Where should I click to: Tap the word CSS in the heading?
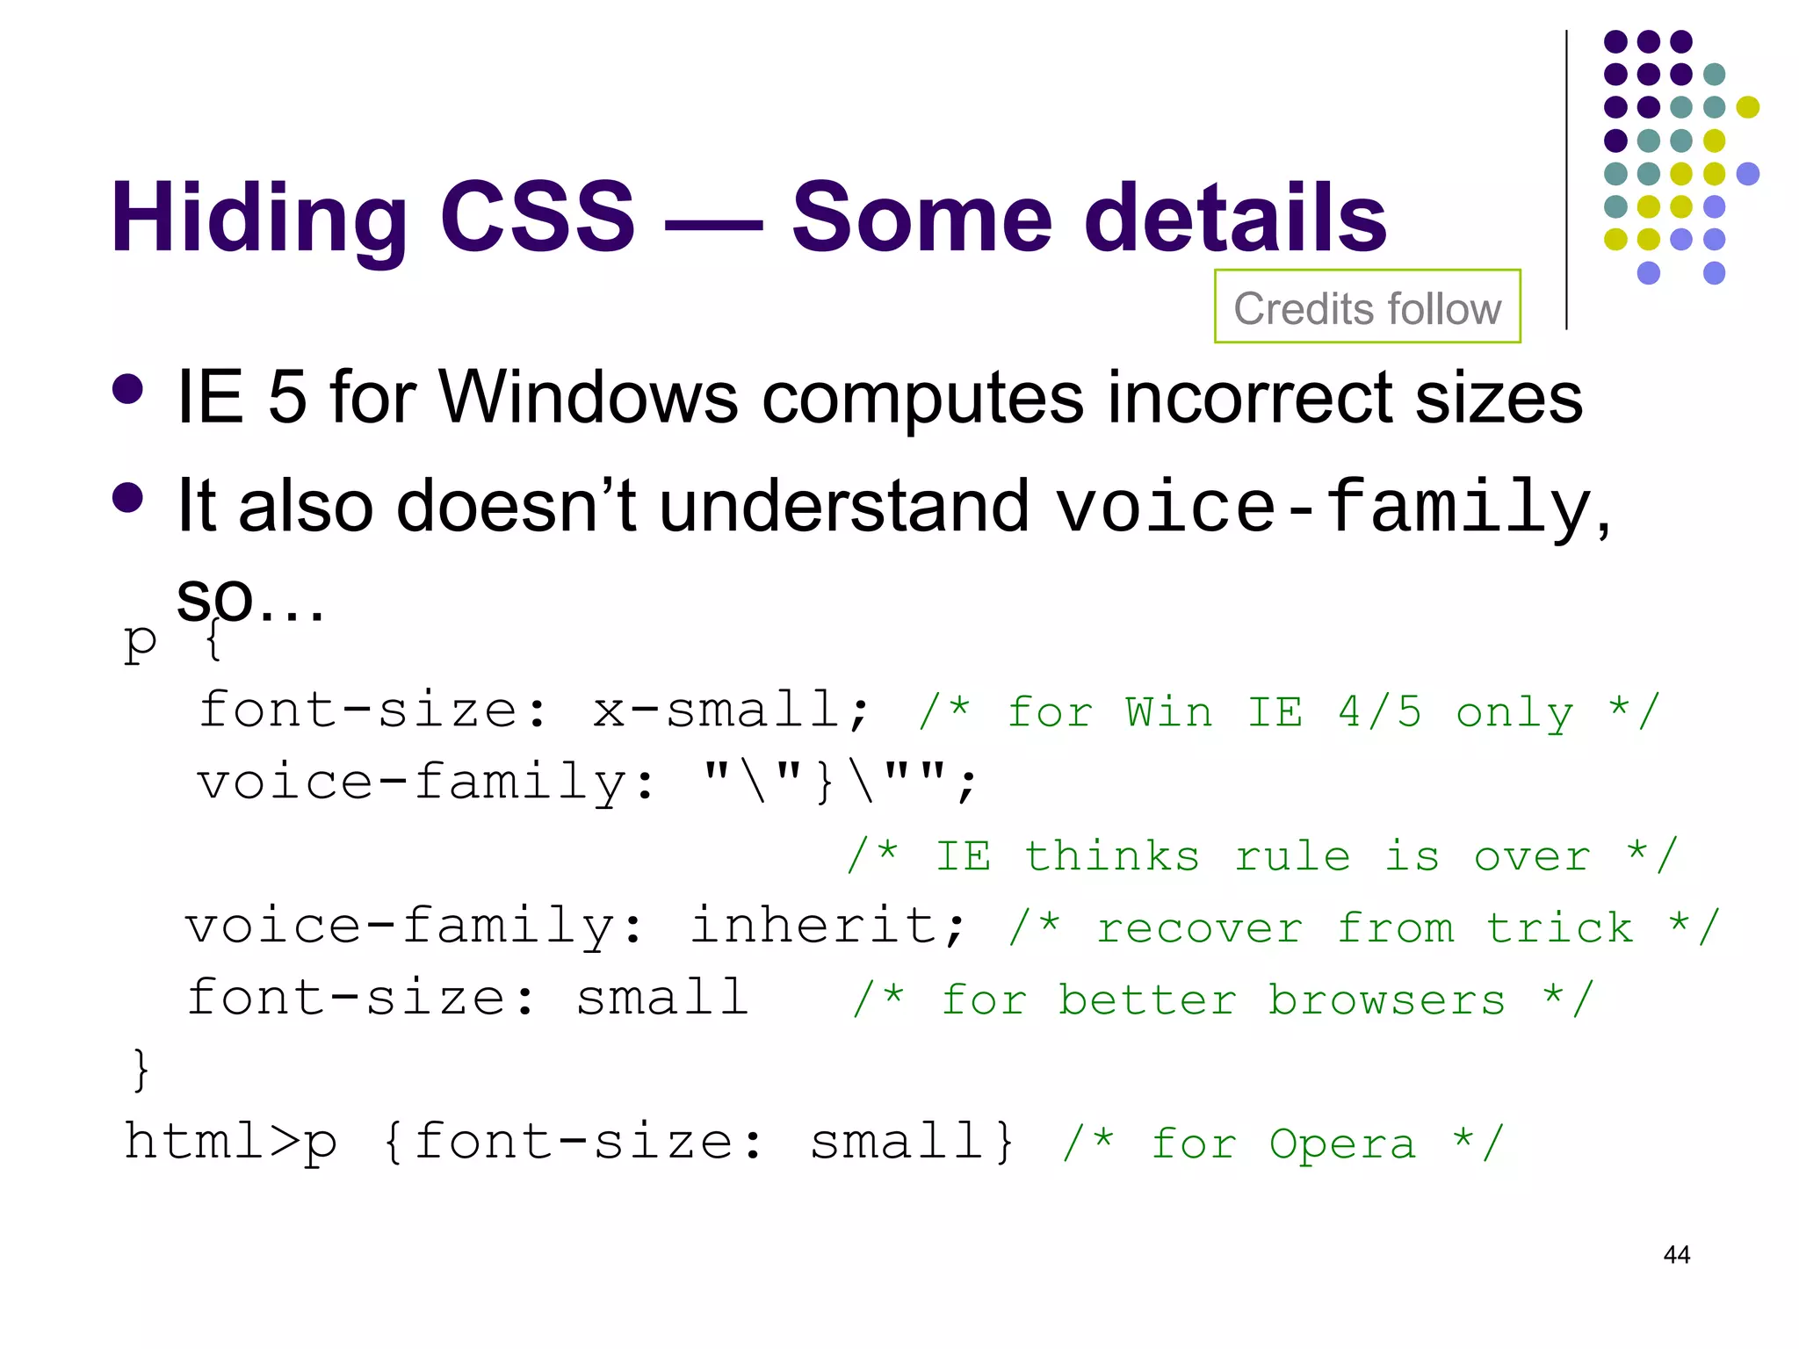click(x=537, y=216)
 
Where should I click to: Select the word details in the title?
click(x=1235, y=216)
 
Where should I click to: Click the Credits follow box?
click(x=1367, y=307)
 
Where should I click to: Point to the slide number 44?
click(x=1676, y=1254)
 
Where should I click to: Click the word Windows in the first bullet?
click(x=588, y=397)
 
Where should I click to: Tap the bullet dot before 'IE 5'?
click(x=128, y=390)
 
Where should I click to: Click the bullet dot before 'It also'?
click(x=128, y=497)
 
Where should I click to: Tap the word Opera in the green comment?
click(x=1342, y=1143)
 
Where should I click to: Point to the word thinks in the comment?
click(x=1112, y=855)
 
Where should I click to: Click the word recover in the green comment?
click(x=1200, y=928)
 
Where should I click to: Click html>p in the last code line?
click(x=231, y=1142)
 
